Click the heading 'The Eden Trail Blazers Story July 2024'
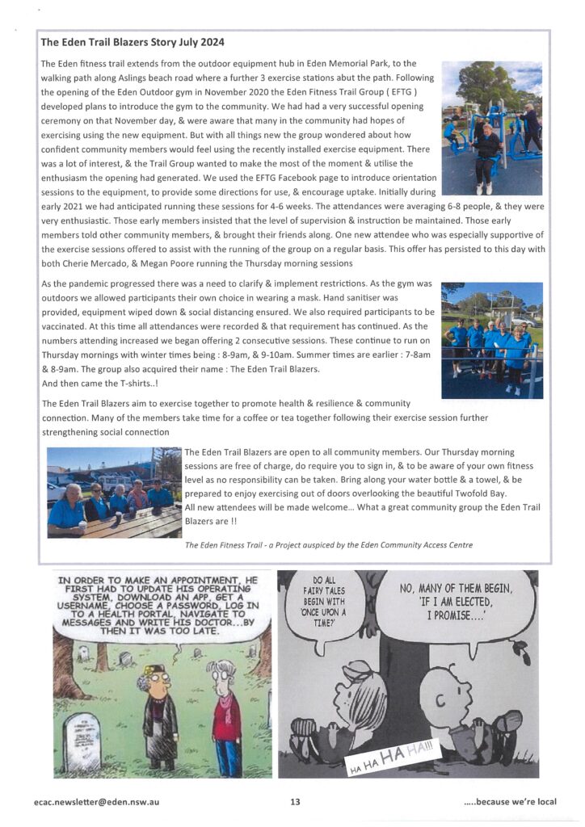pyautogui.click(x=133, y=42)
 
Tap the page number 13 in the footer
pyautogui.click(x=295, y=802)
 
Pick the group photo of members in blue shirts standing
pyautogui.click(x=491, y=340)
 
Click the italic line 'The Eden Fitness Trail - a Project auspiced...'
pyautogui.click(x=328, y=545)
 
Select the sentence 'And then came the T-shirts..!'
pyautogui.click(x=99, y=383)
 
